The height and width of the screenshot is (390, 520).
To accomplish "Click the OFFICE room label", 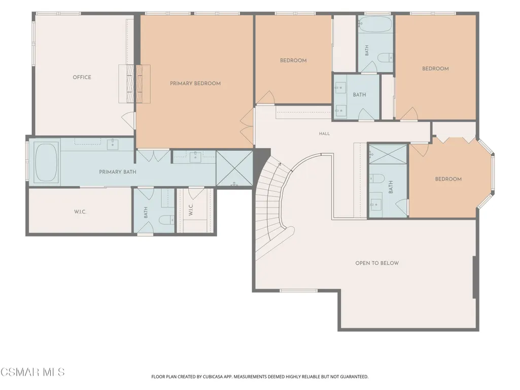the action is [82, 77].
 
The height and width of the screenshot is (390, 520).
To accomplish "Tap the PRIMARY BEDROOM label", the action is [195, 84].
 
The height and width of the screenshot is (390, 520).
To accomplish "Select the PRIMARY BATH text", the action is [118, 172].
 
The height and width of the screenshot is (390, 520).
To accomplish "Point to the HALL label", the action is [324, 134].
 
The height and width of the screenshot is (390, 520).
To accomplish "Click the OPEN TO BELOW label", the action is [377, 263].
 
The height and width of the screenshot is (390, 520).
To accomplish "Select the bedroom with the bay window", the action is [448, 179].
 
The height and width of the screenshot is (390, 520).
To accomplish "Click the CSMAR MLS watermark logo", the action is [32, 372].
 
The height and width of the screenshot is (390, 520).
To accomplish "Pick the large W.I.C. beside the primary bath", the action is [80, 211].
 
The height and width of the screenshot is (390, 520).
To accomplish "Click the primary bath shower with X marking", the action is [234, 168].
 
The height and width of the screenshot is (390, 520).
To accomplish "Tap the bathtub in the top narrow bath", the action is [375, 24].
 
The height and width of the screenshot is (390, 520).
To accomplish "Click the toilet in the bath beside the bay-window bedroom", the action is [377, 179].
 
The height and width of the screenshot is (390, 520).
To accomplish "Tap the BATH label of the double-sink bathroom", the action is [360, 95].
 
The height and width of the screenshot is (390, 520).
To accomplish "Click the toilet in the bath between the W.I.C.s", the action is [166, 220].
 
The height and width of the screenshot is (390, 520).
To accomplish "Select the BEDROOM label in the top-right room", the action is [435, 68].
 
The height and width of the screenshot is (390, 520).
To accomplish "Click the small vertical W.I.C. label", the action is [191, 209].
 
